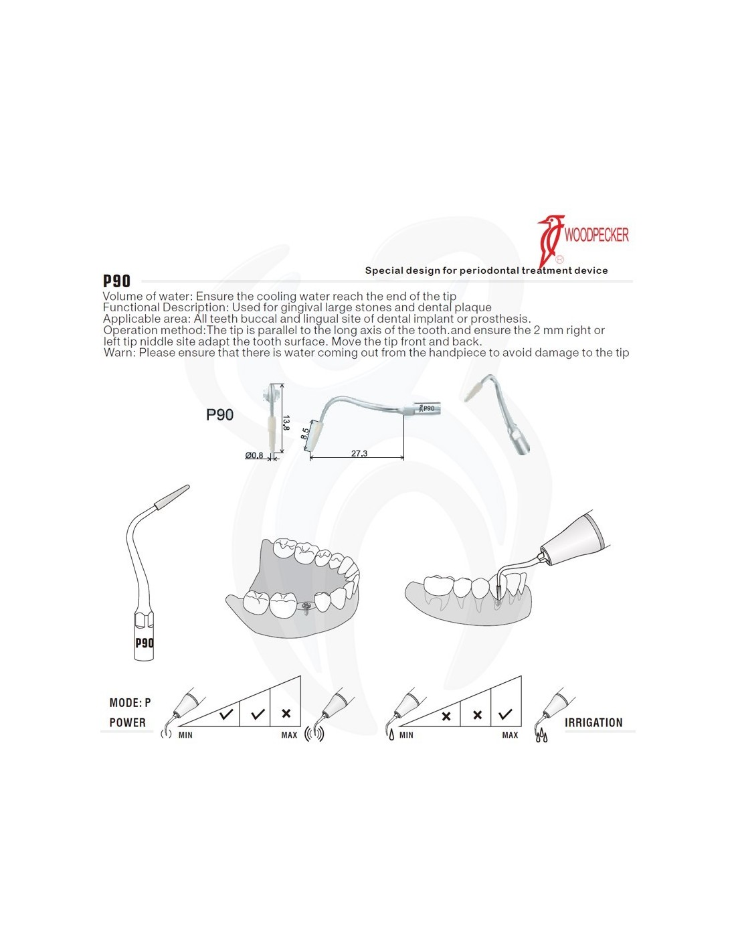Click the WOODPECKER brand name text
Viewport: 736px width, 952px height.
coord(596,235)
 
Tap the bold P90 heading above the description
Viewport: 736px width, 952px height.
coord(116,281)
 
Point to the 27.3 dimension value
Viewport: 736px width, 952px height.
coord(359,453)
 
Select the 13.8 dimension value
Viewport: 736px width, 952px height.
coord(286,423)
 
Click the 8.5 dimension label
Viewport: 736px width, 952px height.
coord(305,433)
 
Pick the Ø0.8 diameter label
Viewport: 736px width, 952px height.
coord(254,455)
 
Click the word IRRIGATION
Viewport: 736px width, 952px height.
coord(593,722)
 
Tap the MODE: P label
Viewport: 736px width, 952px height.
coord(130,703)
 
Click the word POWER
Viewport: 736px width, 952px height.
coord(127,722)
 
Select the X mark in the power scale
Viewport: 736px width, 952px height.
coord(286,714)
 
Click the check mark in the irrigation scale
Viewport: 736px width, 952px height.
coord(505,714)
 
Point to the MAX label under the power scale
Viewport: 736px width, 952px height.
coord(290,735)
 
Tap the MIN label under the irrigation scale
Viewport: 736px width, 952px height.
coord(406,735)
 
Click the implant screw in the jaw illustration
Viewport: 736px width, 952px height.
coord(306,608)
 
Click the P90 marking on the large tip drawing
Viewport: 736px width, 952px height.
coord(144,643)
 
